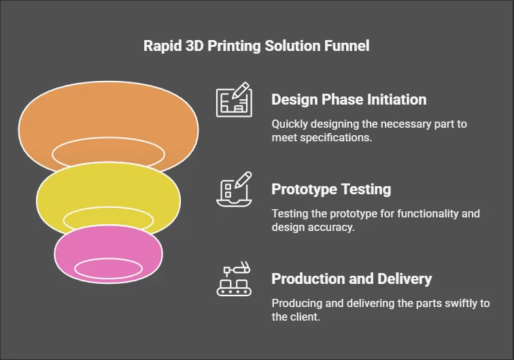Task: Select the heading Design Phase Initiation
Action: click(x=349, y=99)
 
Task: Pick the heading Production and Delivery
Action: click(x=352, y=278)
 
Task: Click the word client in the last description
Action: click(x=304, y=317)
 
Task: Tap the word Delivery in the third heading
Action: click(x=406, y=278)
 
